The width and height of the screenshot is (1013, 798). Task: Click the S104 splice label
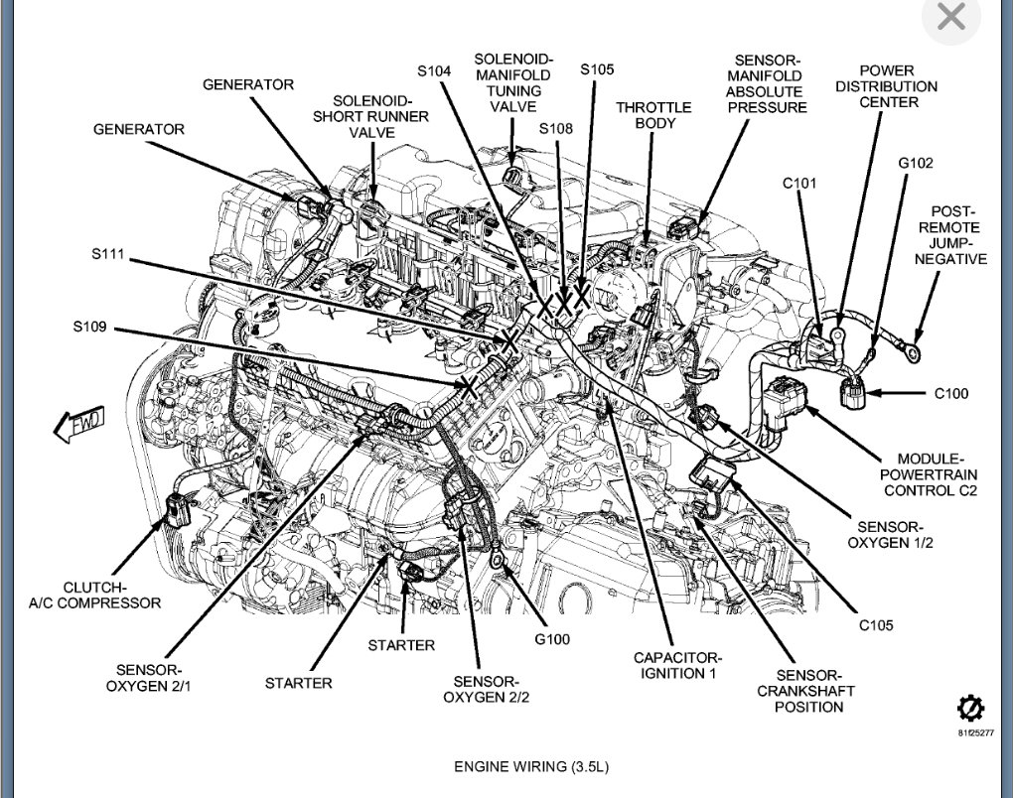tap(434, 70)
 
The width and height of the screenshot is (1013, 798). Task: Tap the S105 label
tap(598, 69)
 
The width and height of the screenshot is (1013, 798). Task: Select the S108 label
tap(556, 128)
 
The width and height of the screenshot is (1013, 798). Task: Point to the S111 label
tap(106, 254)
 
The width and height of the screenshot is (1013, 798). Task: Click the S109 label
tap(89, 326)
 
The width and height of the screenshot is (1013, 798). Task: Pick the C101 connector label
tap(799, 182)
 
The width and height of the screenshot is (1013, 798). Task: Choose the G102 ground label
tap(916, 162)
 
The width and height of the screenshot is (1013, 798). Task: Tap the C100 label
tap(950, 393)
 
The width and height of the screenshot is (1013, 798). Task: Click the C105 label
tap(876, 625)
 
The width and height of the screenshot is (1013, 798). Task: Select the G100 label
tap(552, 639)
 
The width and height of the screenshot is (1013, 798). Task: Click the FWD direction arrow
tap(78, 426)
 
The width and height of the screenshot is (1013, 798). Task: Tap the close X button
tap(951, 18)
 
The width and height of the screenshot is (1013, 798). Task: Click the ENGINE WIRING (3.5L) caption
tap(530, 766)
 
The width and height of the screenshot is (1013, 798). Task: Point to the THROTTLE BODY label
tap(652, 115)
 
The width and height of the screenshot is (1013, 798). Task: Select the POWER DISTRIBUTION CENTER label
tap(885, 86)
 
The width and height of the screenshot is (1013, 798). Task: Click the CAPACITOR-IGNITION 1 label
tap(678, 665)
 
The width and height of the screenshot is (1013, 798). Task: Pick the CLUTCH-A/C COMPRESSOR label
tap(111, 595)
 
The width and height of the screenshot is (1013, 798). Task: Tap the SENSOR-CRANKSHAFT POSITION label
tap(805, 691)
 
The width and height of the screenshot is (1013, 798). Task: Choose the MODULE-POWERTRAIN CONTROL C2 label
tap(930, 474)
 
